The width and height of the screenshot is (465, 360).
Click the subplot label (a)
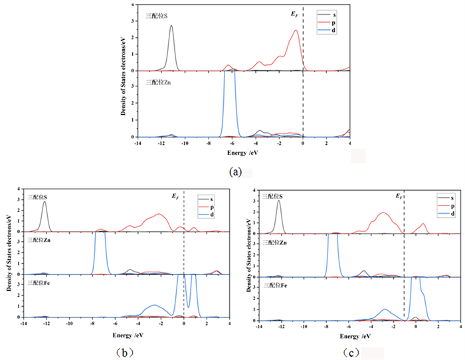pyautogui.click(x=234, y=171)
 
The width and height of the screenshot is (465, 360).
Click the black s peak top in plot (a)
pyautogui.click(x=171, y=26)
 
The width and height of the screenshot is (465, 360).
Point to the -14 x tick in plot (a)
pyautogui.click(x=138, y=142)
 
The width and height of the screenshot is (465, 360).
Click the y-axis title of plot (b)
pyautogui.click(x=7, y=256)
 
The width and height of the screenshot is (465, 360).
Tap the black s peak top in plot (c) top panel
pyautogui.click(x=278, y=201)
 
